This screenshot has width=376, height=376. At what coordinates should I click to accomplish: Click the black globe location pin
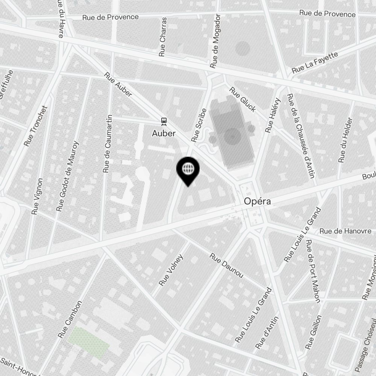tap(188, 170)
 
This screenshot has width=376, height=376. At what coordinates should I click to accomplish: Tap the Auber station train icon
tap(164, 121)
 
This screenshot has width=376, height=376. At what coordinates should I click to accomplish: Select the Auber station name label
tap(164, 133)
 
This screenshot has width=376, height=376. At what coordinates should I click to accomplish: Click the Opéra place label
tap(257, 202)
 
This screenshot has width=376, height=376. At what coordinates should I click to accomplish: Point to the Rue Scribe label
tap(199, 125)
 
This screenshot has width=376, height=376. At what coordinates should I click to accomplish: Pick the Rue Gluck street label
tap(243, 100)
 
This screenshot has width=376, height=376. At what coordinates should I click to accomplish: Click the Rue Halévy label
tap(273, 115)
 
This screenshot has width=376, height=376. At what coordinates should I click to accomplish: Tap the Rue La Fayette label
tap(315, 62)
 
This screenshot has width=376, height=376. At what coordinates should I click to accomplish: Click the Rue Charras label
tap(162, 37)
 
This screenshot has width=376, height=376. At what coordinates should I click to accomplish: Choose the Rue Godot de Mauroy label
tap(68, 176)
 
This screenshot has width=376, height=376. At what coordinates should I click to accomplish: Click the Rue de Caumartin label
tap(108, 144)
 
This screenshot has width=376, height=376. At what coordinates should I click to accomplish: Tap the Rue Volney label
tap(171, 270)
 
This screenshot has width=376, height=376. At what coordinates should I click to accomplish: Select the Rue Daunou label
tap(226, 265)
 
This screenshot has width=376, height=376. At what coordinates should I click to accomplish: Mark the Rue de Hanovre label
tap(347, 231)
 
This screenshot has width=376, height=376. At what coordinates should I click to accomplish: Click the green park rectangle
tap(89, 340)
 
